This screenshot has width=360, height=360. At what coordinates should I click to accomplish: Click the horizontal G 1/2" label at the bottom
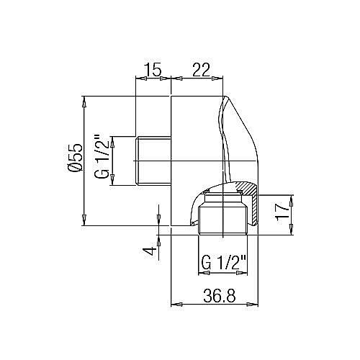coord(224,261)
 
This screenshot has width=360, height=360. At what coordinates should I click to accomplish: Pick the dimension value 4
coord(149,251)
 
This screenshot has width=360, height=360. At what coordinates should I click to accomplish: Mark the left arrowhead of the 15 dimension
coord(140,78)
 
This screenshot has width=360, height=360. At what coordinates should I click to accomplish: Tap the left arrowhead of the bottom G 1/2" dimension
coord(202,271)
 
